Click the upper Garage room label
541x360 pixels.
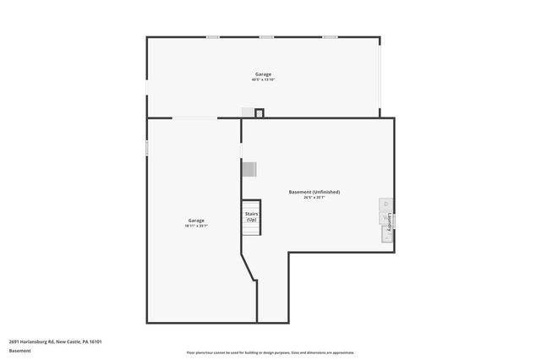point(263,74)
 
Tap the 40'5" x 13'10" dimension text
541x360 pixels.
point(263,79)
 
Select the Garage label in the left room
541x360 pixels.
point(196,220)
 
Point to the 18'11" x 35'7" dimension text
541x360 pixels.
point(196,226)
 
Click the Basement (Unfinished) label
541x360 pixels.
point(314,192)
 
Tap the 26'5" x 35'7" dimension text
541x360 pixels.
point(314,198)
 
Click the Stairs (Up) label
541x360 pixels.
point(251,217)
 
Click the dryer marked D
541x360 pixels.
point(386,204)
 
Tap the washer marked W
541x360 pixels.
point(386,218)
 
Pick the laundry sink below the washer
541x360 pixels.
point(386,236)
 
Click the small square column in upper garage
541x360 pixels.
point(260,112)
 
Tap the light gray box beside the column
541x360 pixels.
point(248,112)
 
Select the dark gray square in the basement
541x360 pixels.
point(249,169)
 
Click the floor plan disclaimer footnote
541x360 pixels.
point(270,352)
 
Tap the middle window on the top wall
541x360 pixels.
point(267,37)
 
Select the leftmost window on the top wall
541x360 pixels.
point(214,37)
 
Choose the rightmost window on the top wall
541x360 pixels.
point(330,37)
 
